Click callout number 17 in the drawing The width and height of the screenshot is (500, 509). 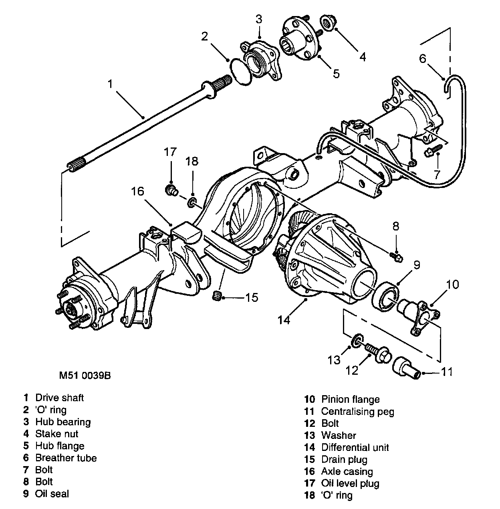tap(170, 152)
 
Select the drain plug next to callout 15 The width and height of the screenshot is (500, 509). tap(217, 297)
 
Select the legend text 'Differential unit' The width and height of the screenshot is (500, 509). tap(355, 447)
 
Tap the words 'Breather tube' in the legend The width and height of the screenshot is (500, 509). tap(66, 458)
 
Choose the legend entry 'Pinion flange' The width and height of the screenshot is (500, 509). tap(350, 399)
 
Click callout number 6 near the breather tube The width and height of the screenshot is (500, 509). tap(423, 59)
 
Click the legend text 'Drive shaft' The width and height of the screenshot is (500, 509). tap(60, 398)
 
